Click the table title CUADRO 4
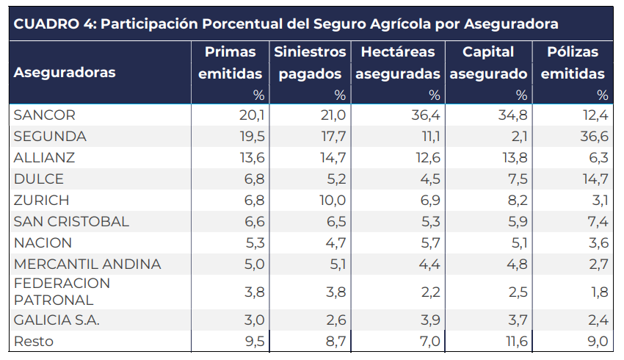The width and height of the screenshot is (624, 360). pos(286,24)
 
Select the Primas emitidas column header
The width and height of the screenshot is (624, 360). pos(231,63)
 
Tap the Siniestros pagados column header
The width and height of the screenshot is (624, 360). pos(310,63)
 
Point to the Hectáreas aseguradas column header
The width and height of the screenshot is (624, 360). pos(397,63)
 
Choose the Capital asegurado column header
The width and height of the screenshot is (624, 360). pos(488,63)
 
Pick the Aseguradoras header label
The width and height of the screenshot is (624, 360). pos(65,73)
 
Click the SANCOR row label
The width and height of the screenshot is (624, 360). pos(45,115)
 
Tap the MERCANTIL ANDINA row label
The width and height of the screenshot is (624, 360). pos(87,264)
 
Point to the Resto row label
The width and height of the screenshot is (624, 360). pos(34,342)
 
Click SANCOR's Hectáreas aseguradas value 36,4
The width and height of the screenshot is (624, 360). pos(427,115)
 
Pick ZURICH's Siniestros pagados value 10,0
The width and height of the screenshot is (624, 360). pos(332,201)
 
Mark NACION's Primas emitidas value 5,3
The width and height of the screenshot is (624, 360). pos(254,243)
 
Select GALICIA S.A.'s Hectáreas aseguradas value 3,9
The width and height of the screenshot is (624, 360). pos(430,320)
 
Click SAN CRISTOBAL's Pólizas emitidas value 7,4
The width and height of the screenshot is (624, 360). pos(598,222)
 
